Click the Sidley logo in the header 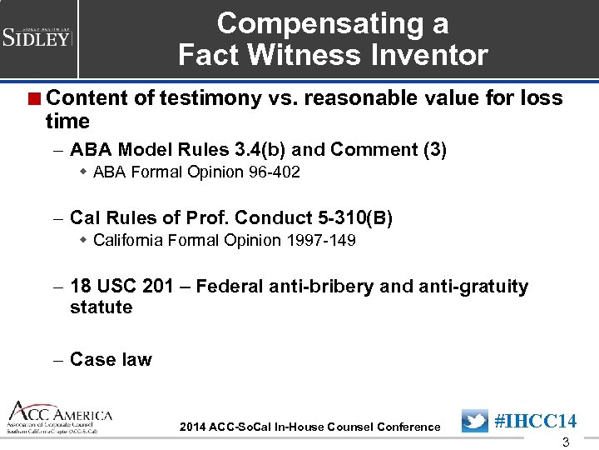point(37,37)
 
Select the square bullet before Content point(37,98)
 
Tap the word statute point(101,307)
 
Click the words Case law point(111,359)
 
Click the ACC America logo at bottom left point(58,417)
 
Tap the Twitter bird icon point(474,421)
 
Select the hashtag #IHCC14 point(535,421)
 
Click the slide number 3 point(567,442)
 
